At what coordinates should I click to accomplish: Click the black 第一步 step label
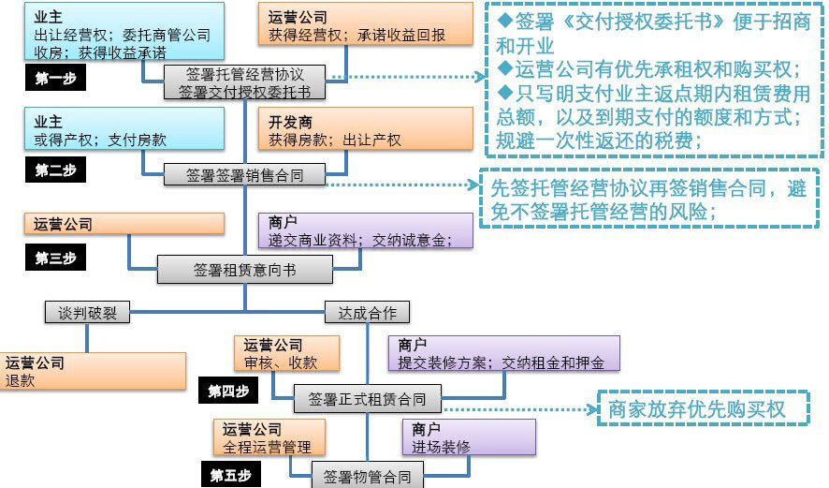[54, 79]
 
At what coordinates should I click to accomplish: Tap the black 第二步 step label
[54, 170]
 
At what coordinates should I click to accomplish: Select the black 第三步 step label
[54, 259]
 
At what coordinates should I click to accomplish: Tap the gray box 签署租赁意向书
[244, 270]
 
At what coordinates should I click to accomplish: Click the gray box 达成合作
[367, 313]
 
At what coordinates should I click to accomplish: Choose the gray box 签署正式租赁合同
[367, 399]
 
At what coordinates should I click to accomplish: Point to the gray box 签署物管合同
[367, 477]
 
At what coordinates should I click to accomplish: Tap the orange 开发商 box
[365, 129]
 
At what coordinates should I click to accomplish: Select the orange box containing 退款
[94, 371]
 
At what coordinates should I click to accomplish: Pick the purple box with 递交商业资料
[365, 230]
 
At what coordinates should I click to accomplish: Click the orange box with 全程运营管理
[271, 437]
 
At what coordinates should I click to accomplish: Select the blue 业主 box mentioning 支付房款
[113, 129]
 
